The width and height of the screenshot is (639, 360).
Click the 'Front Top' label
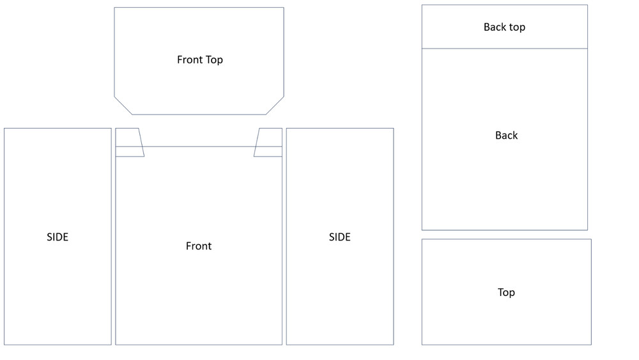(200, 60)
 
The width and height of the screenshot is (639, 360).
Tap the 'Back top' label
(504, 27)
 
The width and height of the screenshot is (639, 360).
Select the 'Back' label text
(506, 136)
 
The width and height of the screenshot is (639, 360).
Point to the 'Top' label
(506, 293)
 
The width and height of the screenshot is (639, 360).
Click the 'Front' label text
(199, 246)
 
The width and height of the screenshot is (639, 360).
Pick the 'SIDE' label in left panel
(58, 237)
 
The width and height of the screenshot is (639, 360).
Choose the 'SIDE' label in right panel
(339, 237)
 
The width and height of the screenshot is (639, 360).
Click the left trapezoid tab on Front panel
(129, 142)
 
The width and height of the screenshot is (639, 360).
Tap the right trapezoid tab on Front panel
(268, 142)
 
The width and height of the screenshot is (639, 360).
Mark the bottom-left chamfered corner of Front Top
(123, 106)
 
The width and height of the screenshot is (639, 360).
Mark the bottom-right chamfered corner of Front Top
(275, 106)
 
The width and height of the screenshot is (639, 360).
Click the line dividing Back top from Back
(504, 49)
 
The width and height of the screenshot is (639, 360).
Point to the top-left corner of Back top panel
(422, 5)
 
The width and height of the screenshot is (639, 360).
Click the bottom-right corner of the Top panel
(591, 345)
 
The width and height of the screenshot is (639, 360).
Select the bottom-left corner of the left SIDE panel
(4, 345)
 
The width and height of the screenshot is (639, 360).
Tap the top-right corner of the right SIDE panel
(394, 129)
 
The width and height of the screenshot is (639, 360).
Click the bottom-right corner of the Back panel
(587, 230)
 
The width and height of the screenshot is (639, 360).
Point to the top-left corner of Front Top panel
(114, 8)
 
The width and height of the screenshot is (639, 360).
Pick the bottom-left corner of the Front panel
(116, 345)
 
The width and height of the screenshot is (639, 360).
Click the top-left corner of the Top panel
(422, 239)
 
